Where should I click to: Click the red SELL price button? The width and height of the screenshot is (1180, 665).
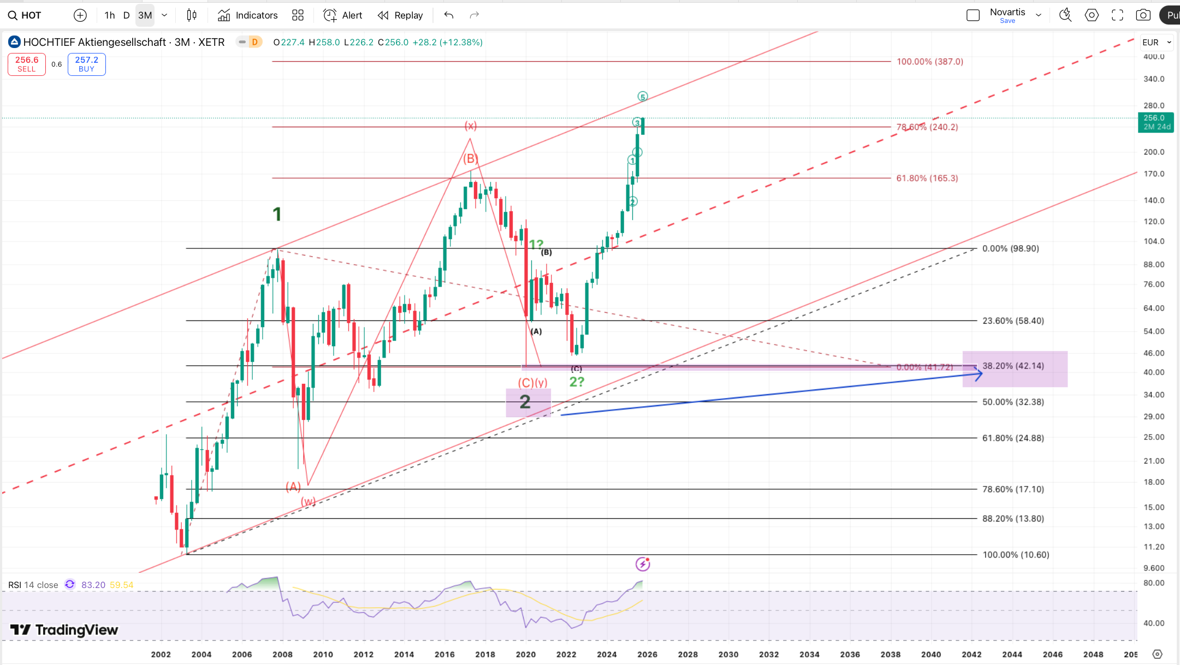tap(27, 64)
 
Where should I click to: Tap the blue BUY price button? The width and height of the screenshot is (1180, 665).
tap(86, 64)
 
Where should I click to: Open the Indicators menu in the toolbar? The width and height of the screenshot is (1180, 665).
tap(248, 15)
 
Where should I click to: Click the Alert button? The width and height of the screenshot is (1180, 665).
tap(343, 15)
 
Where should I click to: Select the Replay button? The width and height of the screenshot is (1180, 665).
tap(400, 15)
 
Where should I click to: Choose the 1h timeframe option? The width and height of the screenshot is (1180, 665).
tap(109, 15)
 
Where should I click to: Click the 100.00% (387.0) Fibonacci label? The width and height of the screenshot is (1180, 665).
tap(929, 62)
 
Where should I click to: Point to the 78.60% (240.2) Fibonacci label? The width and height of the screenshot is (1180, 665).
tap(927, 127)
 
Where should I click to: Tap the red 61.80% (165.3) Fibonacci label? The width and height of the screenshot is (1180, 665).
tap(927, 178)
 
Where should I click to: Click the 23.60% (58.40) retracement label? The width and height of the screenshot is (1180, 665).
tap(1013, 321)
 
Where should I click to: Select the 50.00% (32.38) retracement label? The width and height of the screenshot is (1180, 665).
tap(1013, 402)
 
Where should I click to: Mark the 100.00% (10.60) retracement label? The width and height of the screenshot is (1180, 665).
tap(1016, 555)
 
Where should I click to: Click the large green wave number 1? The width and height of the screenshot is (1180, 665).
tap(277, 214)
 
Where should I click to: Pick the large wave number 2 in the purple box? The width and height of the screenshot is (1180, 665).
tap(525, 402)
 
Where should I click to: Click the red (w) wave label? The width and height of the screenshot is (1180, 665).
tap(309, 501)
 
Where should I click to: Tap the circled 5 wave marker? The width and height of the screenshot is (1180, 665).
tap(643, 97)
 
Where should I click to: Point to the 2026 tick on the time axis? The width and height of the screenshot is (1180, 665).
tap(647, 654)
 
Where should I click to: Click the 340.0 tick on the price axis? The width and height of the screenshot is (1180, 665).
tap(1154, 79)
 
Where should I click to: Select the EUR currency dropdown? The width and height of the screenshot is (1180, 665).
tap(1157, 42)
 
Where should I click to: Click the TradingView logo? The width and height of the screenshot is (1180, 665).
tap(64, 630)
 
